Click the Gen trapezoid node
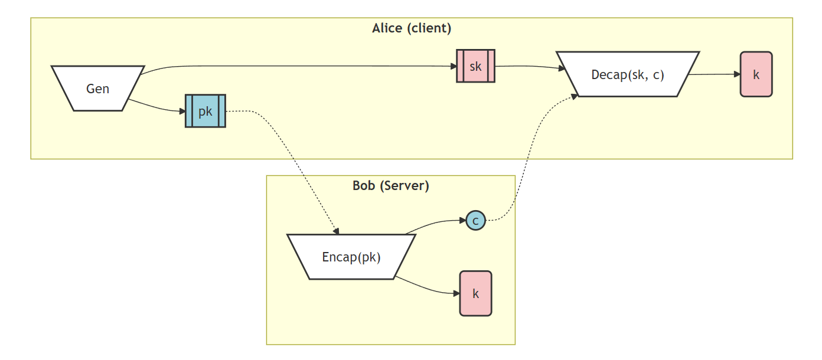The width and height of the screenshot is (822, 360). tap(98, 89)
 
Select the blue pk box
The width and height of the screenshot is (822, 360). tap(206, 111)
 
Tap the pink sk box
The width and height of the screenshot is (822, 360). tap(475, 66)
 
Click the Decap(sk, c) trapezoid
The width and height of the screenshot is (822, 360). tap(628, 74)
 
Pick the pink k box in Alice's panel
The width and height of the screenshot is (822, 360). tap(756, 74)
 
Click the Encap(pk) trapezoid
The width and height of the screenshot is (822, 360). tap(351, 257)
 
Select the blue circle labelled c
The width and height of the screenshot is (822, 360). tap(475, 221)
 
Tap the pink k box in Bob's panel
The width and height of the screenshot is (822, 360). tap(475, 293)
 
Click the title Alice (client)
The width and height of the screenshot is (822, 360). tap(412, 28)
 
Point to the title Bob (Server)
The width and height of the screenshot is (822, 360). tap(390, 185)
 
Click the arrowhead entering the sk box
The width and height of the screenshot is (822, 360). tap(453, 66)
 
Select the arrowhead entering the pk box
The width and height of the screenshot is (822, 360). tap(182, 111)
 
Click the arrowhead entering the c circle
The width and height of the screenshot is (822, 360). tap(462, 221)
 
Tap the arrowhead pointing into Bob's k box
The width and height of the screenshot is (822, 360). tap(456, 293)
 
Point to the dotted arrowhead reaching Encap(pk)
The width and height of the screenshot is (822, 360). tap(336, 231)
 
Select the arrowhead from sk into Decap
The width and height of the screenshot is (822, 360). tap(562, 69)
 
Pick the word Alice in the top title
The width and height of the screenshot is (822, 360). tap(387, 28)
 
